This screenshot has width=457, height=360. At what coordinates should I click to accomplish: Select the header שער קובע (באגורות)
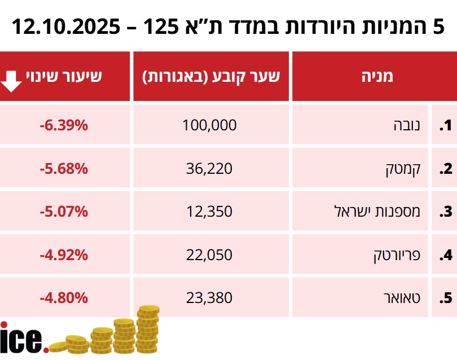[211, 76]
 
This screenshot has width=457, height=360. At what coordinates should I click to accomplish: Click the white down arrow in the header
[11, 81]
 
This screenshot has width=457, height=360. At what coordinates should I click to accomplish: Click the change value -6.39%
[64, 125]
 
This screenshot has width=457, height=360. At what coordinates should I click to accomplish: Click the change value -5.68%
[64, 168]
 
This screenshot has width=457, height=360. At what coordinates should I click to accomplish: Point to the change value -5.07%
[64, 212]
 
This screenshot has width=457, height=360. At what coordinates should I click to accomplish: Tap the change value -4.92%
[64, 255]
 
